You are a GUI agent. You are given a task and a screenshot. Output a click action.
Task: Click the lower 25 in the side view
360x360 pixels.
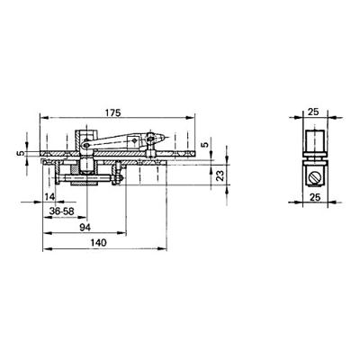tap(314, 195)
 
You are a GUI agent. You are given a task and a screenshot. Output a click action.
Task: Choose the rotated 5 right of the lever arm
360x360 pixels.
tap(205, 143)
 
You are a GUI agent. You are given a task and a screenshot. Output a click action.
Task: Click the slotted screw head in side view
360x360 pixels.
tap(314, 171)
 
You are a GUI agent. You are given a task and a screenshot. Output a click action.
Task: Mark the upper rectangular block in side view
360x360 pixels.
tap(314, 141)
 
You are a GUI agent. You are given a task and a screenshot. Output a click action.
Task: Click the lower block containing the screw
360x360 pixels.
tap(314, 171)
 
